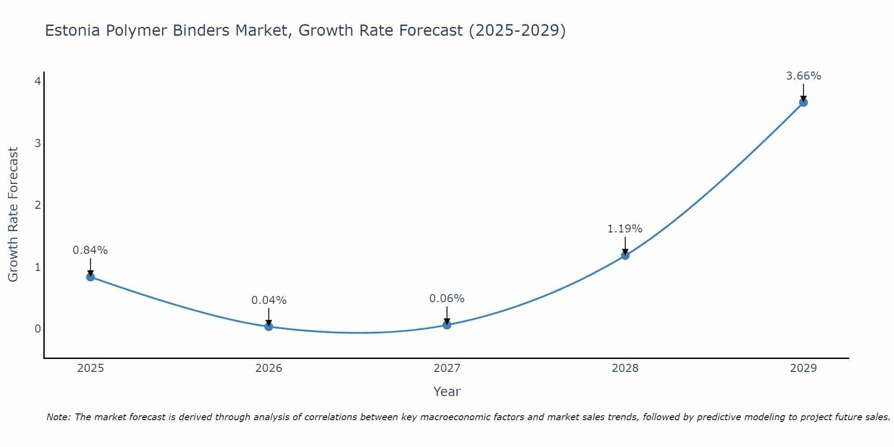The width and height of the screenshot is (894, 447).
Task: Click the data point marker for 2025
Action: coord(90,277)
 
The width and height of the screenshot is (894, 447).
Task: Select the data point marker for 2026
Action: coord(269,326)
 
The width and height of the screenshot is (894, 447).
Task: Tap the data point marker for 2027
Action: coord(447,325)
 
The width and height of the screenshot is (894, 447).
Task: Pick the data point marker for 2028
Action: coord(625,255)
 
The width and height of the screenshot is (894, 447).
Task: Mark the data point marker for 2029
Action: coord(803,102)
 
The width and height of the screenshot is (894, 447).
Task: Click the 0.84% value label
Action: coord(90,250)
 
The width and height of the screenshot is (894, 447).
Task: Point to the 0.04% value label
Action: coord(269,300)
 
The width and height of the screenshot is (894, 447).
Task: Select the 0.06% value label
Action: coord(447,299)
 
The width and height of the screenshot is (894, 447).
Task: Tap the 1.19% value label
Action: coord(625,229)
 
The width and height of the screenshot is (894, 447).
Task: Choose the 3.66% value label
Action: coord(803,76)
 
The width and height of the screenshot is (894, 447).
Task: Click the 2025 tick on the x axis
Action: coord(90,368)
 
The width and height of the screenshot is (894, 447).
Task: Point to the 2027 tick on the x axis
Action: coord(447,368)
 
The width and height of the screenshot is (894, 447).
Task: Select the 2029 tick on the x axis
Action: coord(803,368)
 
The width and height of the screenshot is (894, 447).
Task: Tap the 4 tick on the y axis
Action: coord(38,81)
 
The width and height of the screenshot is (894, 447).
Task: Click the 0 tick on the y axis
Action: coord(38,329)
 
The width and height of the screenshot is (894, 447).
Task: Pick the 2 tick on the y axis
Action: coord(38,205)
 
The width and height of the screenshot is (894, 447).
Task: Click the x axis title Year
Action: coord(447,392)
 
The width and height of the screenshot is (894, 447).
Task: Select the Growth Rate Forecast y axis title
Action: coord(13,215)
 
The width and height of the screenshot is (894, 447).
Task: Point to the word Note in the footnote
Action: coord(58,417)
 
